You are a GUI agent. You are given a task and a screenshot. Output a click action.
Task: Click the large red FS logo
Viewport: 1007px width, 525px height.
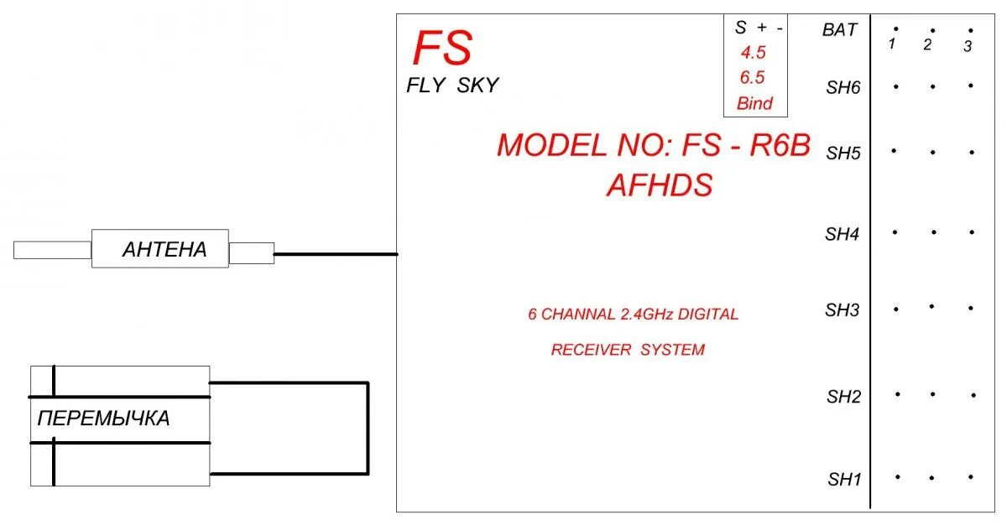click(x=442, y=49)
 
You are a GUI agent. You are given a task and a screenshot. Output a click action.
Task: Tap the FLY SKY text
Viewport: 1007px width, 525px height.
click(x=452, y=85)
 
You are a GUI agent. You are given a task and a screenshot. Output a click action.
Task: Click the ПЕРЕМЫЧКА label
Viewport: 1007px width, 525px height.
click(x=103, y=418)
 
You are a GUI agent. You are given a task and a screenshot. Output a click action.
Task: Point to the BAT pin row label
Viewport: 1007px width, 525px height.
click(x=840, y=30)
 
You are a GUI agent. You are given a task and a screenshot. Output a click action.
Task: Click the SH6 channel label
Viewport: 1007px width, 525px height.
click(x=843, y=87)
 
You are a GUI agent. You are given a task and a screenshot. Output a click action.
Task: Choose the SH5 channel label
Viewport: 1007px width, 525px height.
click(x=843, y=153)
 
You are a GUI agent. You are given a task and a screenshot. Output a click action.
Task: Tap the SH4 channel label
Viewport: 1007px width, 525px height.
click(x=843, y=235)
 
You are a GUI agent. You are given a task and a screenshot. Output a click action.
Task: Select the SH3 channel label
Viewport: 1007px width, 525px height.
click(x=843, y=310)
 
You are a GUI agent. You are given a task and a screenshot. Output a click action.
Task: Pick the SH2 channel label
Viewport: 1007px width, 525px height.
click(x=844, y=396)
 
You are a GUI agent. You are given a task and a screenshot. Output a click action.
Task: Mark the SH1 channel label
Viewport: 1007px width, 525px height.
click(x=845, y=480)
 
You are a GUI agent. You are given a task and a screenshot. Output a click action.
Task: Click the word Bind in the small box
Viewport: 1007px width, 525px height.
click(x=754, y=104)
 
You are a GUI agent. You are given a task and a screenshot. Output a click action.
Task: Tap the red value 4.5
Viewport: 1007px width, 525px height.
click(x=752, y=53)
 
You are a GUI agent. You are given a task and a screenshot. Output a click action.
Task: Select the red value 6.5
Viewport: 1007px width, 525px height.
click(x=752, y=78)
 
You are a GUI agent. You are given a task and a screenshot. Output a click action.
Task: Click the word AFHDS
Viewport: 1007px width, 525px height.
click(x=659, y=185)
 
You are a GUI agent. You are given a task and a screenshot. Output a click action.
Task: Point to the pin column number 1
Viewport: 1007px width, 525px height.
click(x=894, y=44)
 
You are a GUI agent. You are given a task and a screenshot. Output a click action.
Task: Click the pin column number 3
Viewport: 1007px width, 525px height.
click(x=968, y=46)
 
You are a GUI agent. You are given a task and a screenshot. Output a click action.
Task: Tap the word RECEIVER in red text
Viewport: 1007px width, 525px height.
click(x=590, y=350)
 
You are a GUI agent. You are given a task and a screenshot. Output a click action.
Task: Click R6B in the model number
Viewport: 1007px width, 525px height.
click(x=780, y=145)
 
